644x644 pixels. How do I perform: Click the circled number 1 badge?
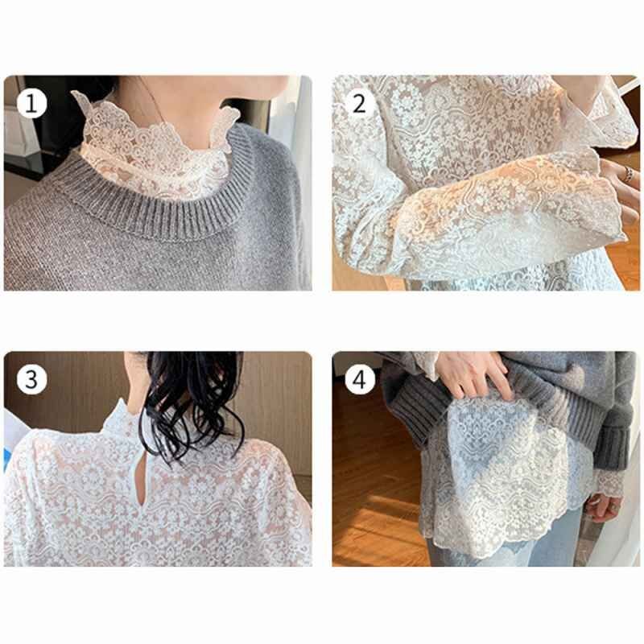(x=31, y=103)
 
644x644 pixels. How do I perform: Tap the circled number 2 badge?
(x=359, y=103)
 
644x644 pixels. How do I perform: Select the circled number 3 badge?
(x=31, y=379)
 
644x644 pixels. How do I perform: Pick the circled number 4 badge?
(x=359, y=379)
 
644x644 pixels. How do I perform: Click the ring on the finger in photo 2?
(x=629, y=174)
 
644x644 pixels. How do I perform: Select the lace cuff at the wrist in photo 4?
(x=608, y=485)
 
